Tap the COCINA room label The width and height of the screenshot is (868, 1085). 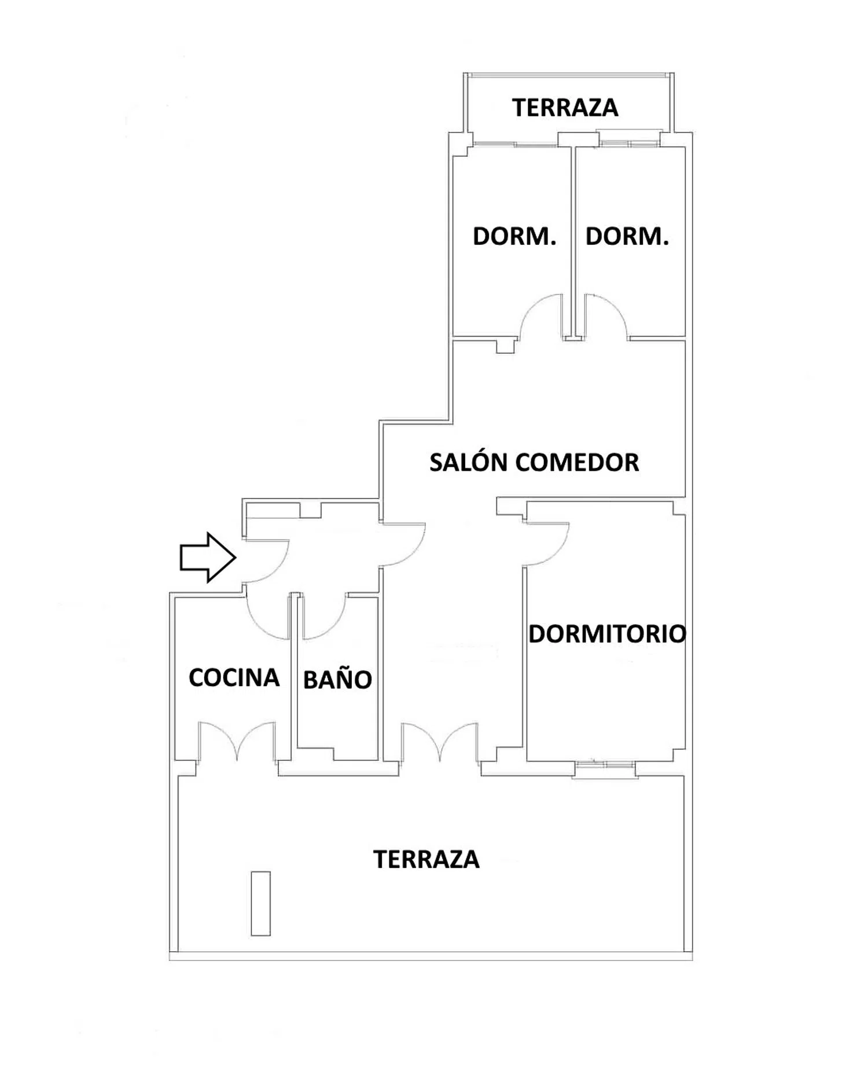pos(234,677)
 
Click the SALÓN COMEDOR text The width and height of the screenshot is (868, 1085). pos(534,462)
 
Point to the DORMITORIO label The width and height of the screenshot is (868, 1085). pos(607,634)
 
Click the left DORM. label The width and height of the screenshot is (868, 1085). pos(514,236)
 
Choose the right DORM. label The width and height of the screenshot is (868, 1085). pos(627,236)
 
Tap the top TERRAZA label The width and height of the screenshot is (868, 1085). pos(565,108)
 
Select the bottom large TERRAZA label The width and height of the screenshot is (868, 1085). pos(426,860)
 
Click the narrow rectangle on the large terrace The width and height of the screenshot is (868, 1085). pos(260,903)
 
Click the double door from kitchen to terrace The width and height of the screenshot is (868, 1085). pos(237,741)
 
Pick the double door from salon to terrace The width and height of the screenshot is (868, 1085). pos(440,741)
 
